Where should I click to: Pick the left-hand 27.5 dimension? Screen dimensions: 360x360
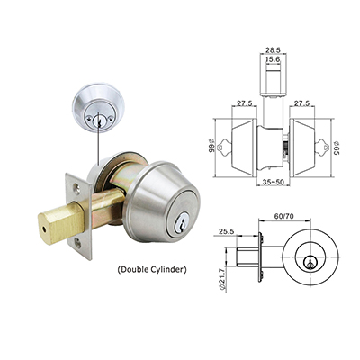(242, 104)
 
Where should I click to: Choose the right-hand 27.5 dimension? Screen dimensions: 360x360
(304, 104)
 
